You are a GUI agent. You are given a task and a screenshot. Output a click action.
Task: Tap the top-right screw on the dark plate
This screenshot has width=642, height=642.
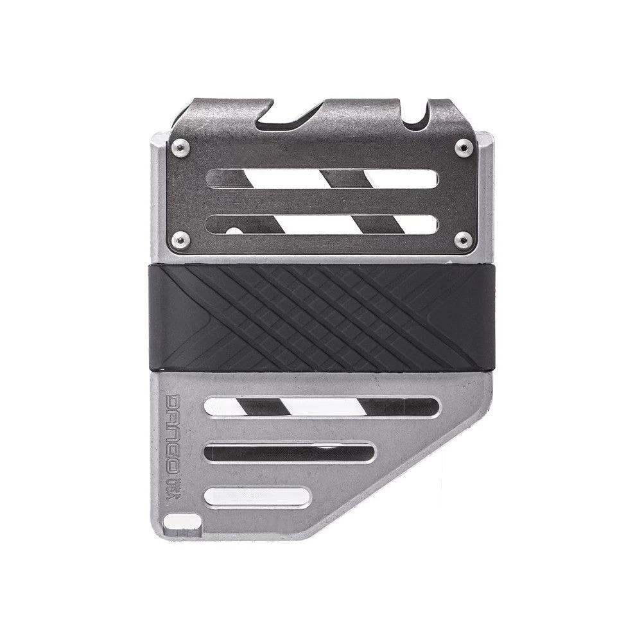pos(463,147)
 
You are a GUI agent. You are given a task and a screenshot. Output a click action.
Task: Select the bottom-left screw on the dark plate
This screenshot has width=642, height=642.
pos(181,240)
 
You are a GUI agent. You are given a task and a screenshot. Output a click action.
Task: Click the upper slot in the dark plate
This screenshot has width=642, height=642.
pos(322,178)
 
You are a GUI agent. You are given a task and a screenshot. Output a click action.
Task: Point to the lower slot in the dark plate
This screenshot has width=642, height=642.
pos(322,224)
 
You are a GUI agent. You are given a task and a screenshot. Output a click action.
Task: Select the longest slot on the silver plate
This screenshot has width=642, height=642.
pos(322,407)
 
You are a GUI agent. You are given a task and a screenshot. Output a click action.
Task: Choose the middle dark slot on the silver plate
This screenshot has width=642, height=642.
pos(289,453)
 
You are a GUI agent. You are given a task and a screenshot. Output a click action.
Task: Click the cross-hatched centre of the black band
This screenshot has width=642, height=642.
pos(321,318)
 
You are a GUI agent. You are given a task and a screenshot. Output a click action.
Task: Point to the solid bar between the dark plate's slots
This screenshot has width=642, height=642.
pos(322,202)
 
